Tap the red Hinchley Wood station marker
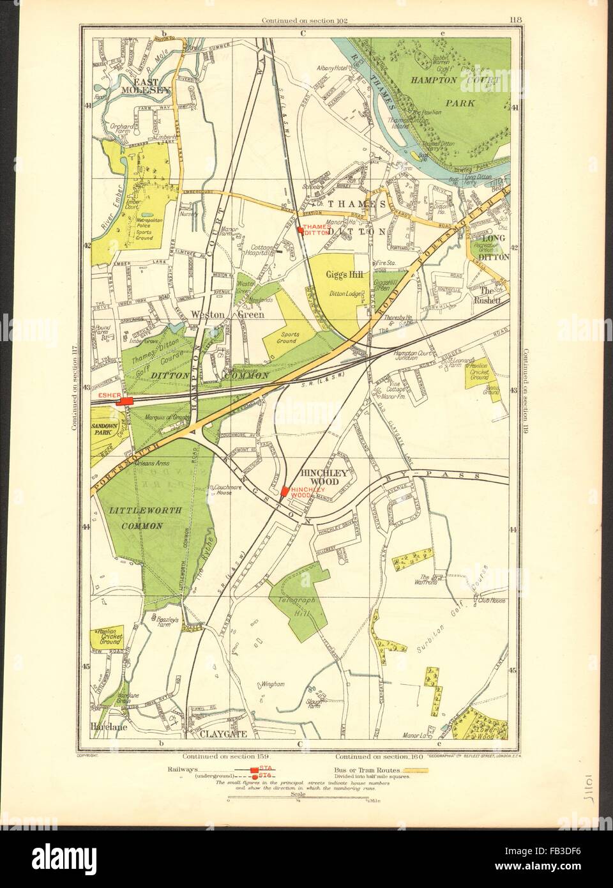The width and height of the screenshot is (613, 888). [284, 491]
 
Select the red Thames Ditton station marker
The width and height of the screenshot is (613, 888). [300, 230]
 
